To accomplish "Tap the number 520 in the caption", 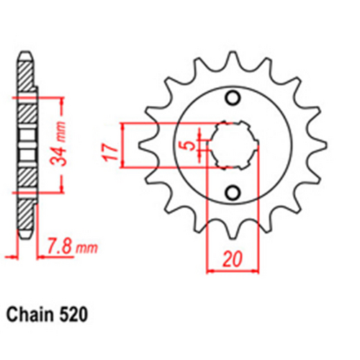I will (76, 315).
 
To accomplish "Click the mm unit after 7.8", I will (86, 249).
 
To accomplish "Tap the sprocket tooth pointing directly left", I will (141, 145).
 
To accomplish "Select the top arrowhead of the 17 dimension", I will (127, 127).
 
